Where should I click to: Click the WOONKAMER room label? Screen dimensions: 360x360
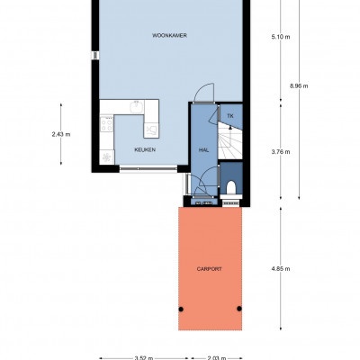click(x=169, y=35)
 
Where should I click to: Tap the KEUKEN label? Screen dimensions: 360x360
click(x=145, y=149)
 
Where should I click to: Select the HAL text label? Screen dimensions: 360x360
click(x=203, y=149)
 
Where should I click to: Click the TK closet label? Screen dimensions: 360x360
click(x=230, y=116)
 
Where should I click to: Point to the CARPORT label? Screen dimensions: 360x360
click(x=210, y=269)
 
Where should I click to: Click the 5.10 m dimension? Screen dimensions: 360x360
click(x=281, y=37)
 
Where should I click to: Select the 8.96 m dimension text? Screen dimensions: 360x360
click(x=299, y=86)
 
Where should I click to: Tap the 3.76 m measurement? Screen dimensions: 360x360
click(x=281, y=152)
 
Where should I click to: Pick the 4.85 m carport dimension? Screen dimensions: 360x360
click(x=281, y=269)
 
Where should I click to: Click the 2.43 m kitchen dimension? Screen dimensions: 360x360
click(x=61, y=134)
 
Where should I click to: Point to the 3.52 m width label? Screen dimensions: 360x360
click(x=144, y=358)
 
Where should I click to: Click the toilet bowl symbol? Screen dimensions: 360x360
click(x=231, y=187)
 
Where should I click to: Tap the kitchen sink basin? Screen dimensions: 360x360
click(x=136, y=107)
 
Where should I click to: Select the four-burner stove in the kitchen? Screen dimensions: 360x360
click(x=106, y=124)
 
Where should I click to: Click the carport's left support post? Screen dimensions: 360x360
click(x=181, y=309)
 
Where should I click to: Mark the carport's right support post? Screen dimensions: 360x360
click(x=239, y=309)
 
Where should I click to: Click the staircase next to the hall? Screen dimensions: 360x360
click(x=229, y=141)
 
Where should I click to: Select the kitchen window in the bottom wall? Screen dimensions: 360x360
click(x=148, y=169)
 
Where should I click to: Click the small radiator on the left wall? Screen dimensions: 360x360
click(x=95, y=55)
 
